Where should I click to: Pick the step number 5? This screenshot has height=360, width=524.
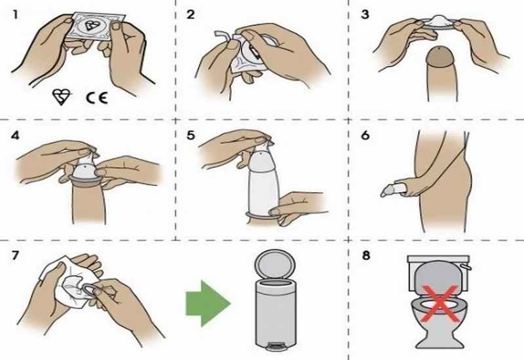(191, 136)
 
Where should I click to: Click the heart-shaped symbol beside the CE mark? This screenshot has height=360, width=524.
(61, 98)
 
